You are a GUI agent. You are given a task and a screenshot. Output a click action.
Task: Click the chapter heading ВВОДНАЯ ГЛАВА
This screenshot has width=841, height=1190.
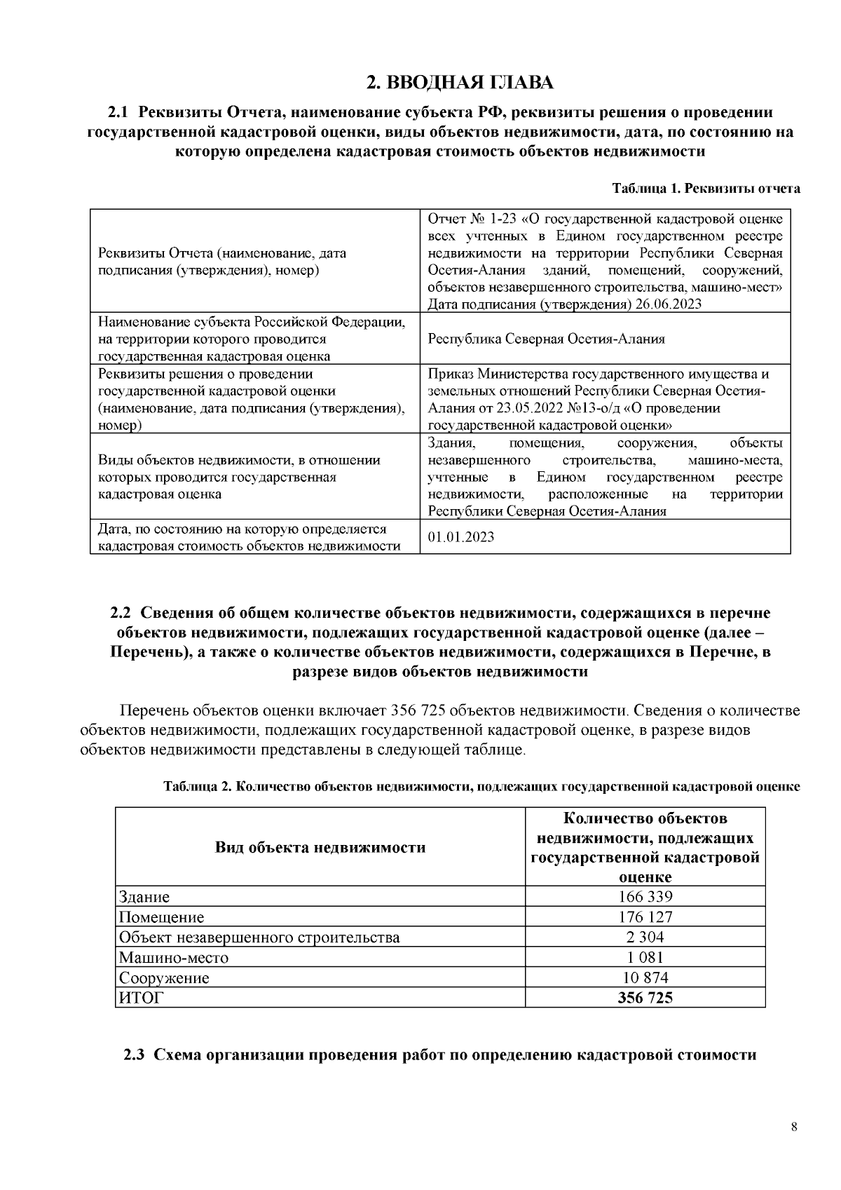(460, 83)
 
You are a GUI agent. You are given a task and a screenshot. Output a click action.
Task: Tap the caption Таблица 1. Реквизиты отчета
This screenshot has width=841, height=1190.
(706, 189)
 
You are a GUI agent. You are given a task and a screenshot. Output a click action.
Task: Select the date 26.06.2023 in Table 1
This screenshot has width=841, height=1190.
(669, 304)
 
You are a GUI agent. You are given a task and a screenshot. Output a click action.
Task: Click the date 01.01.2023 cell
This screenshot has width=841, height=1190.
(460, 537)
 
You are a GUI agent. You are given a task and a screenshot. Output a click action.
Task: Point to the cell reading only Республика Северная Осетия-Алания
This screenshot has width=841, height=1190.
(546, 339)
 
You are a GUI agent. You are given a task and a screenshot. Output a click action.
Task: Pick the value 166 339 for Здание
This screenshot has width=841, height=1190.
(645, 897)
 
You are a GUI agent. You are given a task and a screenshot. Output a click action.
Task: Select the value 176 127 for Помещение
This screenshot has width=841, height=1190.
(645, 917)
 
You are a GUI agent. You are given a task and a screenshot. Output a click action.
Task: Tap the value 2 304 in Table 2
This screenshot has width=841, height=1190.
(645, 938)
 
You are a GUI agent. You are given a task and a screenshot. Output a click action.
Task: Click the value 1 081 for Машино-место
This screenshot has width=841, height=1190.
(645, 957)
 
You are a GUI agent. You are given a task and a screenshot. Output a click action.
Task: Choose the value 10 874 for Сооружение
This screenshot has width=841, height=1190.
(645, 978)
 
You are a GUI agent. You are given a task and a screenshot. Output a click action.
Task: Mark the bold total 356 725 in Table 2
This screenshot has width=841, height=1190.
(645, 998)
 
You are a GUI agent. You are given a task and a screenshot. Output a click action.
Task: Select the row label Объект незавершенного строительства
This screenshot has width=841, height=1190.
(259, 938)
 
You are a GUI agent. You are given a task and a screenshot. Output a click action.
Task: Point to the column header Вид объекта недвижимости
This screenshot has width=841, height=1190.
(320, 848)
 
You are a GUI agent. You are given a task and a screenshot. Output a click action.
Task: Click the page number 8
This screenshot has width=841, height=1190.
(793, 1128)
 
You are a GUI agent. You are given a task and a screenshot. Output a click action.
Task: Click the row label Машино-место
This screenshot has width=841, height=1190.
(174, 958)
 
